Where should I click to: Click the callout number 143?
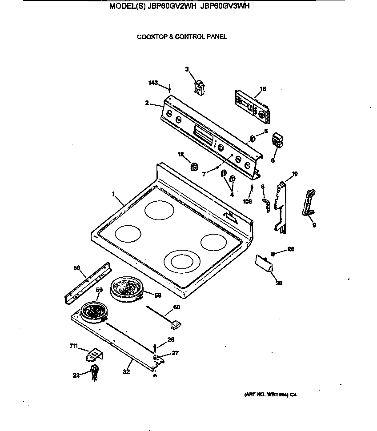point(153,83)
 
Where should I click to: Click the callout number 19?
point(294,174)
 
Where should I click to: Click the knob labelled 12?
point(194,167)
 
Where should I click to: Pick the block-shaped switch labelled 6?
point(278,139)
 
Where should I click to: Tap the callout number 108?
point(248,201)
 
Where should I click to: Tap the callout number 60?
point(176,307)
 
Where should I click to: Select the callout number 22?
point(76,375)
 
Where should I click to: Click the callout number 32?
point(126,372)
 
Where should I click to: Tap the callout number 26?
point(291,249)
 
